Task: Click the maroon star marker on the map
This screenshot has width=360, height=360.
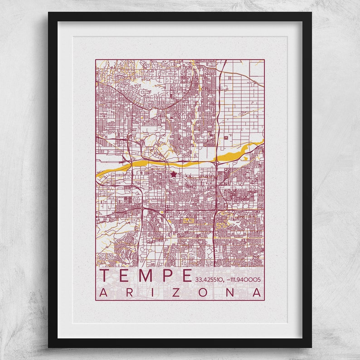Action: coord(174,174)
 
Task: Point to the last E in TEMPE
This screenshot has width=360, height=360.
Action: coord(186,275)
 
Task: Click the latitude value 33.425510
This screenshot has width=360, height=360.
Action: coord(209,279)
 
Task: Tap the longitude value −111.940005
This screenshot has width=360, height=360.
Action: coord(245,279)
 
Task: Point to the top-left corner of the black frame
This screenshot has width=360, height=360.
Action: coord(49,13)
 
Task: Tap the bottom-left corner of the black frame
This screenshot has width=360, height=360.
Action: coord(49,347)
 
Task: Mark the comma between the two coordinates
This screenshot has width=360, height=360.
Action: coord(224,281)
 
